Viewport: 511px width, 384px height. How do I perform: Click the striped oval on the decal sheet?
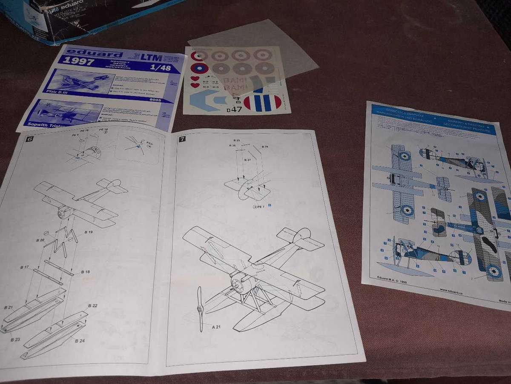point(263,103)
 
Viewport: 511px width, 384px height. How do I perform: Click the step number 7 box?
point(182,139)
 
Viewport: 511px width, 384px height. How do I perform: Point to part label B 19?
point(88,232)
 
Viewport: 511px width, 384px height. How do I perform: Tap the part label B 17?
point(24,267)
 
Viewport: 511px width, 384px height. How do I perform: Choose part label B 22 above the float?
point(92,305)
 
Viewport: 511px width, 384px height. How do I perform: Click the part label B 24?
point(80,340)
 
